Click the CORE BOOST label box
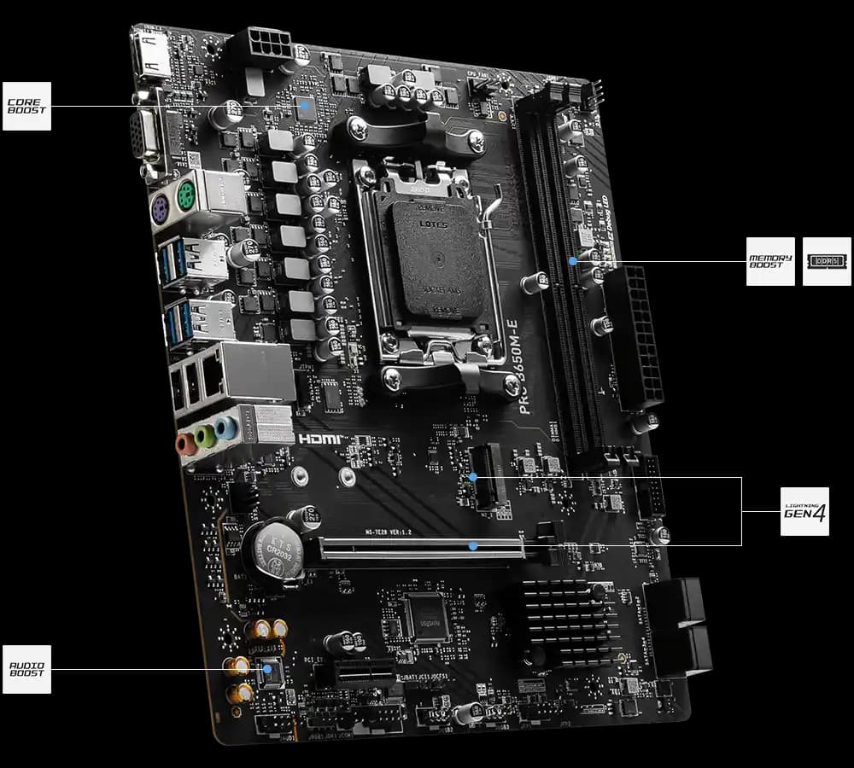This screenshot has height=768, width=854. (x=26, y=107)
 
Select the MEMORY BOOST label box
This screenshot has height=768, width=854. (x=770, y=261)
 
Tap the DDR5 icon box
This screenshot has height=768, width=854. (x=827, y=261)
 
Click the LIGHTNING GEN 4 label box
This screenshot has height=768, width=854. (x=804, y=511)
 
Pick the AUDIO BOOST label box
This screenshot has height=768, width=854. (x=26, y=669)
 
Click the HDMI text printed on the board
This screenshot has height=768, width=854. (x=320, y=439)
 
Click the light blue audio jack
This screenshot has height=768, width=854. (x=225, y=427)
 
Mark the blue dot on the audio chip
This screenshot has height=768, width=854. (x=270, y=669)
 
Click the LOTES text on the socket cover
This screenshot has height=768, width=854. (x=432, y=223)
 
